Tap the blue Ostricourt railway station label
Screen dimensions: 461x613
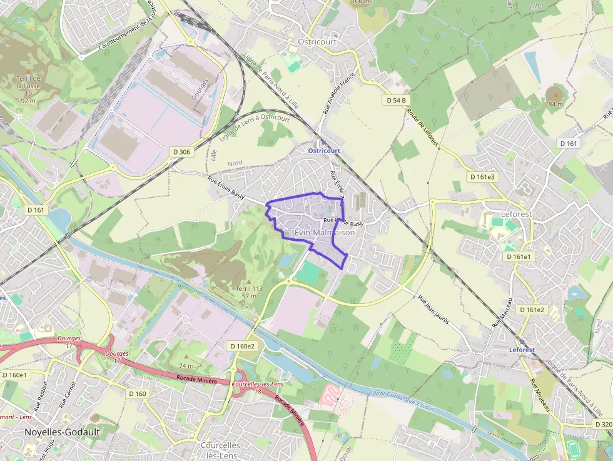coord(324,151)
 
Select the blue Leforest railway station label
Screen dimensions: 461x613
coord(522,350)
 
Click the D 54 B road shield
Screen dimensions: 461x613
coord(396,100)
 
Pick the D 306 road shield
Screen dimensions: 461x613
coord(181,151)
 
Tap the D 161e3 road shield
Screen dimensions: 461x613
coord(482,177)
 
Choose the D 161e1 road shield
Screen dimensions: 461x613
coord(517,256)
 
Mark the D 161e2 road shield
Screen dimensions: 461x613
coord(532,310)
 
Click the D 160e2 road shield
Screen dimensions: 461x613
coord(242,346)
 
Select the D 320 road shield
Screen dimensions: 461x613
coord(603,425)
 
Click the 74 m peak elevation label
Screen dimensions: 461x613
coord(186,365)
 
